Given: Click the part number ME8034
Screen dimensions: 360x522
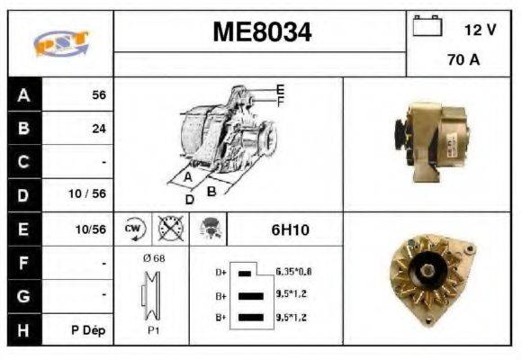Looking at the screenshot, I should tap(262, 33).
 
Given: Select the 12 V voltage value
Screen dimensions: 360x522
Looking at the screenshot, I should tap(480, 29).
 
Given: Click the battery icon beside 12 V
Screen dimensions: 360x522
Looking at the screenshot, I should tap(426, 27).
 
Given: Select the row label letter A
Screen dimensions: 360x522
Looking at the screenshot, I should tap(24, 94).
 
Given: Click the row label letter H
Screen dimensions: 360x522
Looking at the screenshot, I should tap(24, 329).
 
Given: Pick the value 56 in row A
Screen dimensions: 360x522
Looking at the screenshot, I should tap(99, 94).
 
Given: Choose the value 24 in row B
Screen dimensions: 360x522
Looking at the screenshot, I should tap(99, 128).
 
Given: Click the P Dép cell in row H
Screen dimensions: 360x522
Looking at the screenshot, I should tap(88, 329).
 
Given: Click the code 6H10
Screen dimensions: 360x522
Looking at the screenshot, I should tap(290, 229).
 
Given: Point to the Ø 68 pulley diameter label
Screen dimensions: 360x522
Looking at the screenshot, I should tap(153, 259).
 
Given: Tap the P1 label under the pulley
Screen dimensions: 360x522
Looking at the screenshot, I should tap(153, 329).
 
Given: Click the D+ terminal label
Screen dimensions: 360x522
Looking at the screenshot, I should tap(220, 271).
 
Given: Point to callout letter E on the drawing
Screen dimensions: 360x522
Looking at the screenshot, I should tap(280, 89).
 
